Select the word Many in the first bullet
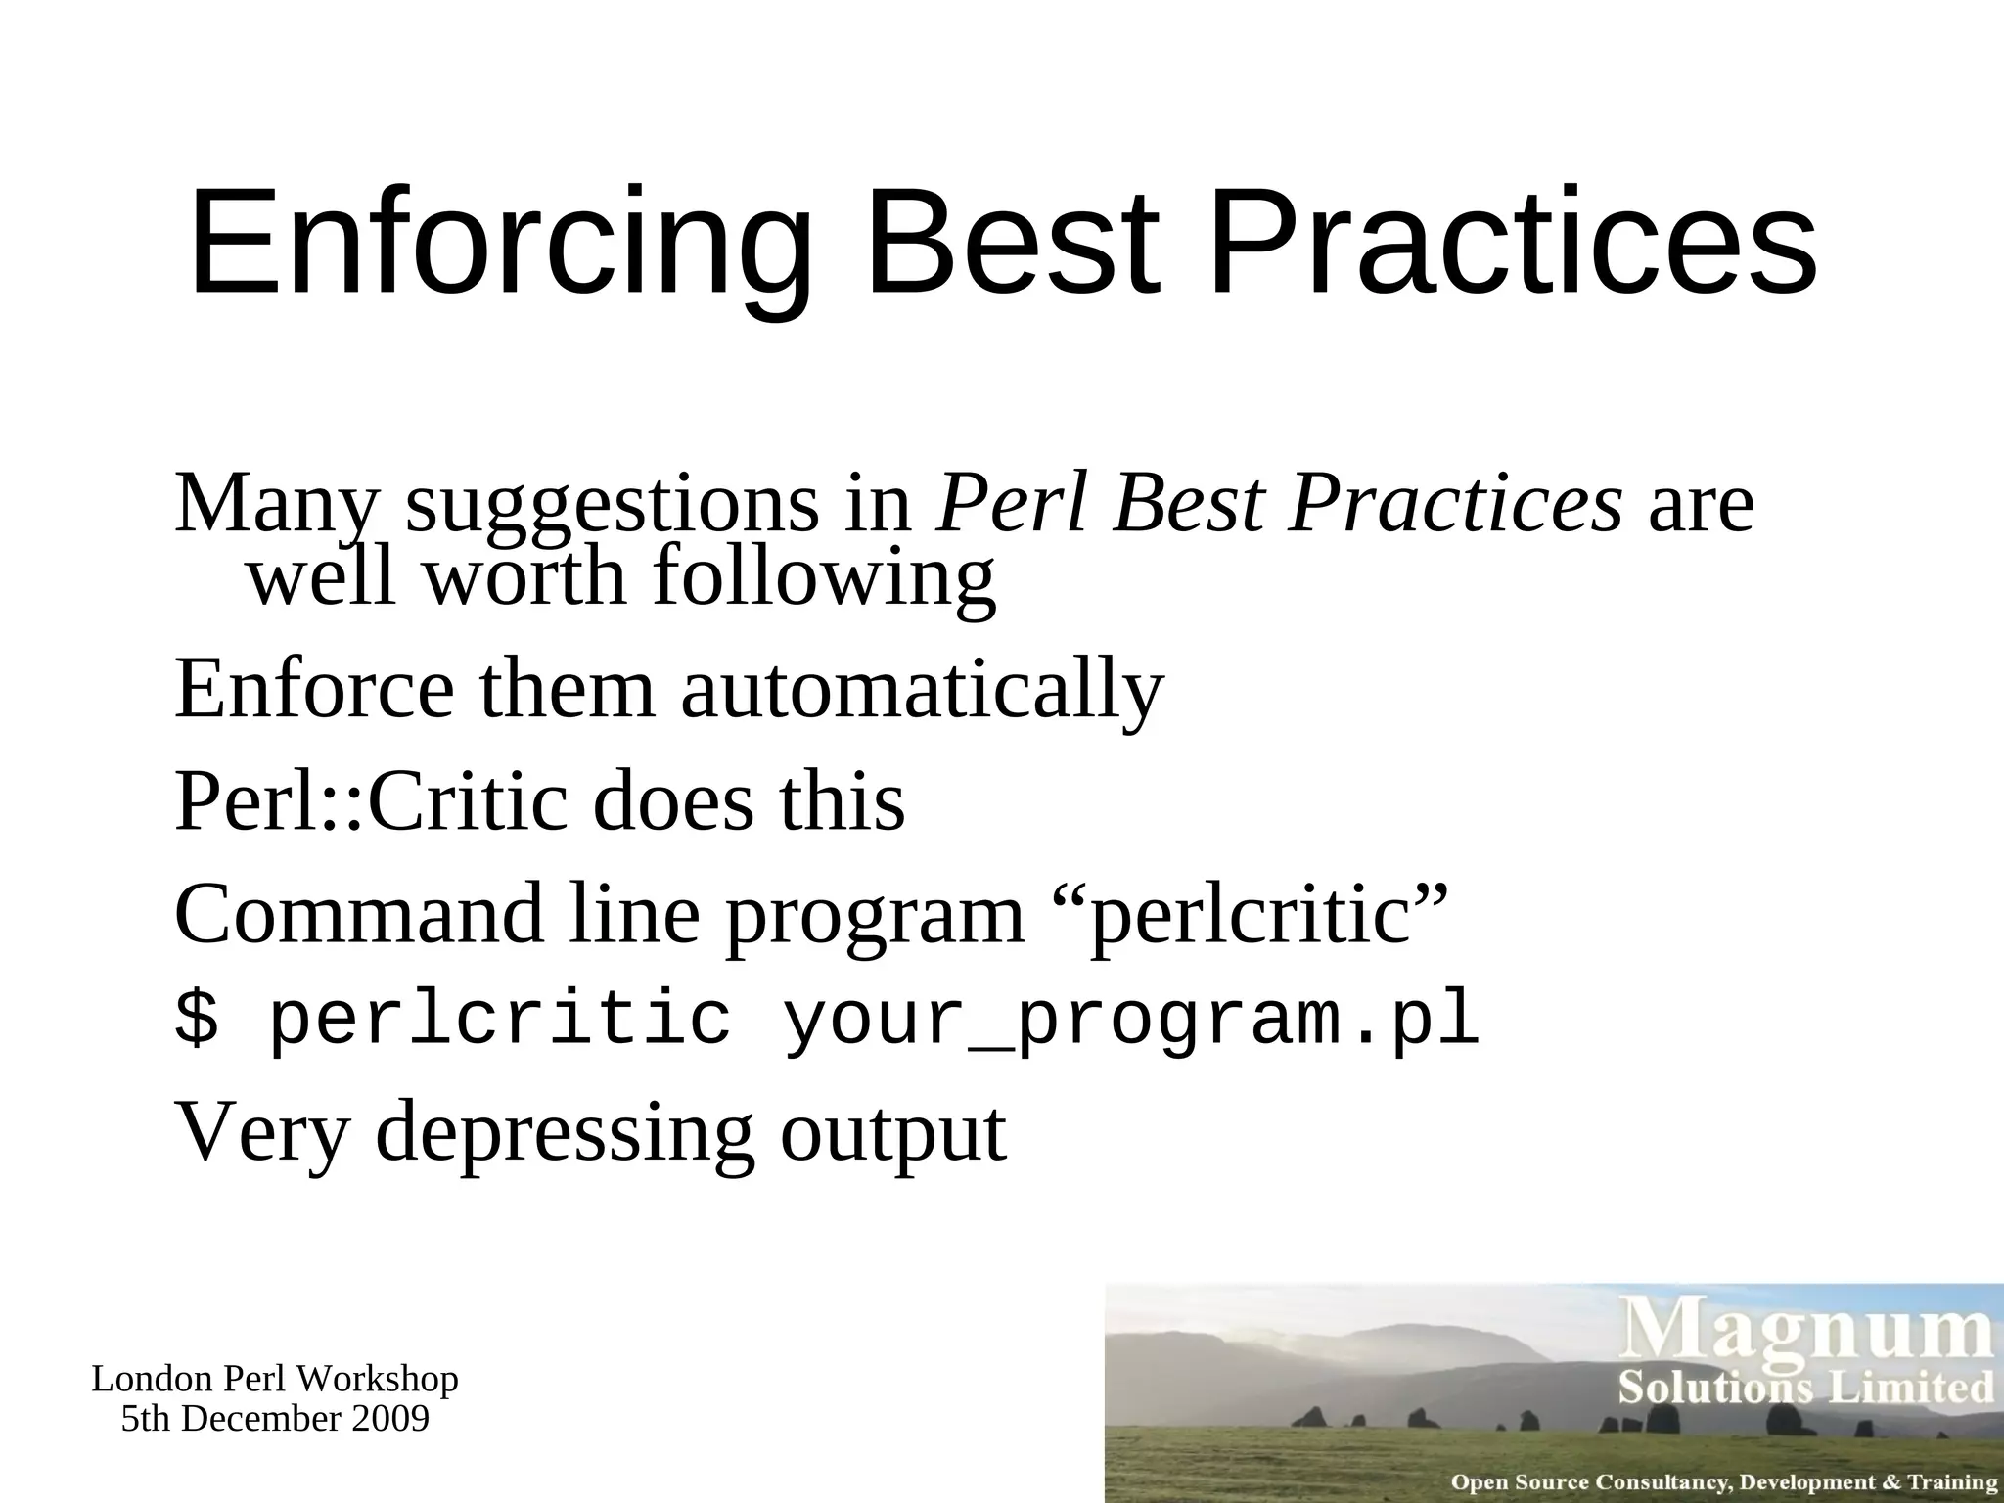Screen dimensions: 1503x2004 (275, 504)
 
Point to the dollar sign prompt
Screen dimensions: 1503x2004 (197, 1020)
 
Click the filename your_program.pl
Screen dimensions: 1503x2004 (1130, 1021)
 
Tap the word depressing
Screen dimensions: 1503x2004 (565, 1133)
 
